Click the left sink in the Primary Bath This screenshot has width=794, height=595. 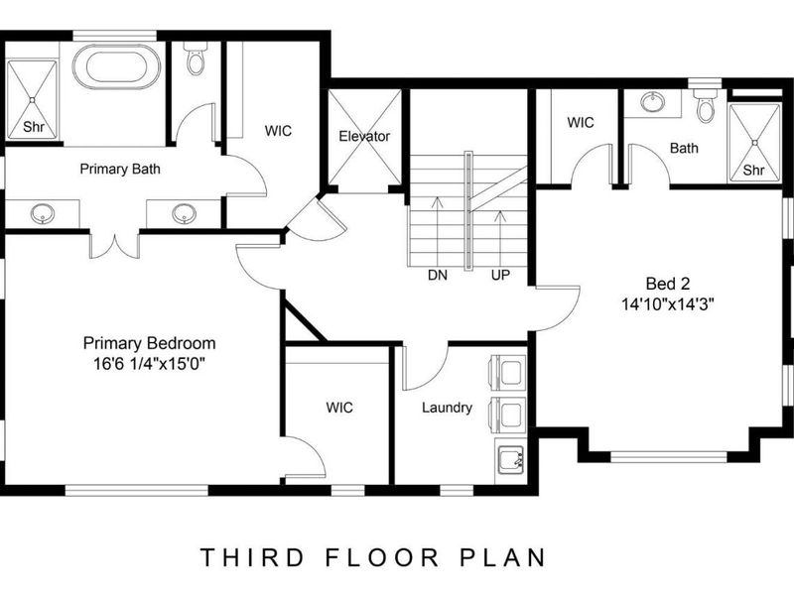43,212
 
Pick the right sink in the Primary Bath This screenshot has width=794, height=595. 183,212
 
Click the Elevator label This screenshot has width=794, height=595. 364,136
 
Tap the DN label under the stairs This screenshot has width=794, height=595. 437,274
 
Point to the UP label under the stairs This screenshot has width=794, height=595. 499,274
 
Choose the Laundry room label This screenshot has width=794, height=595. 447,408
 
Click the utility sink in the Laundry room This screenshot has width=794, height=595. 511,460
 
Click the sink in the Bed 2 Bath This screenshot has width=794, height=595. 653,102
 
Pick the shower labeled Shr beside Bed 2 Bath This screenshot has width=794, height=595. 755,141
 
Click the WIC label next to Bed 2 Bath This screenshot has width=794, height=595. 580,123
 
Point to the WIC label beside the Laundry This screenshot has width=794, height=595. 339,408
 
